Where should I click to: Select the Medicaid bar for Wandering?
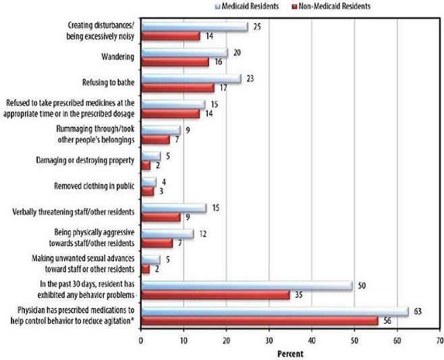(x=184, y=53)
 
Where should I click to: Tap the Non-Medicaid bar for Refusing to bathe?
(x=177, y=88)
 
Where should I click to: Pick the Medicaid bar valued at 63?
(x=274, y=311)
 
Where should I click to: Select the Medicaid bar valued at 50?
(x=246, y=286)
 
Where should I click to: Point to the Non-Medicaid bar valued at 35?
(x=215, y=295)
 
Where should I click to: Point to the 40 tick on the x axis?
(x=311, y=341)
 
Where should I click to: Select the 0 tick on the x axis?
(x=141, y=341)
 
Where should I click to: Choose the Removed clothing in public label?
(x=94, y=185)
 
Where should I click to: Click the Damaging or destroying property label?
(x=86, y=160)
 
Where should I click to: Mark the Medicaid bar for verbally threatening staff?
(x=173, y=208)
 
